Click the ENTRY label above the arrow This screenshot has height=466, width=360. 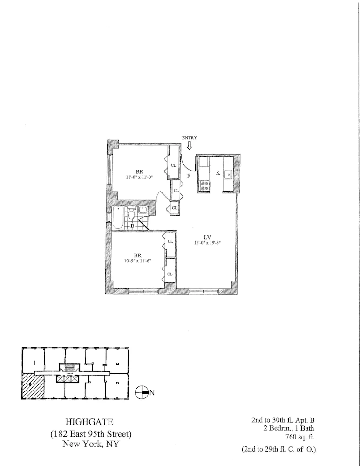pyautogui.click(x=189, y=137)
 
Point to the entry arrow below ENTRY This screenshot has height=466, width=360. pyautogui.click(x=189, y=145)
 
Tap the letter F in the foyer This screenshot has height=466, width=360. pyautogui.click(x=188, y=176)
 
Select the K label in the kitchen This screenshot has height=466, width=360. pyautogui.click(x=217, y=173)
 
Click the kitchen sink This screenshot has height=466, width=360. pyautogui.click(x=228, y=175)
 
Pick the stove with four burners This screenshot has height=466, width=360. pyautogui.click(x=204, y=185)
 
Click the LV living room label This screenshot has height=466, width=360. pyautogui.click(x=209, y=237)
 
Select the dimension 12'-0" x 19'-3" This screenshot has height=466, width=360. pyautogui.click(x=209, y=242)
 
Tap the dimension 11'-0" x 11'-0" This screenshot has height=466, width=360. pyautogui.click(x=139, y=177)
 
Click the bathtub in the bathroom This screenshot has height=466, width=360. pyautogui.click(x=118, y=219)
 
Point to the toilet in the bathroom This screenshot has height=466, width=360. pyautogui.click(x=132, y=215)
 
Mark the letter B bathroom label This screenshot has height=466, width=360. pyautogui.click(x=132, y=226)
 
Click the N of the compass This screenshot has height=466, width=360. pyautogui.click(x=152, y=392)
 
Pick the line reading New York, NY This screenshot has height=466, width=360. pyautogui.click(x=91, y=444)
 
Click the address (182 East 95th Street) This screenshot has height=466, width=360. pyautogui.click(x=91, y=433)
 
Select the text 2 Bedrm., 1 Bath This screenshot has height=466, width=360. pyautogui.click(x=289, y=428)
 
